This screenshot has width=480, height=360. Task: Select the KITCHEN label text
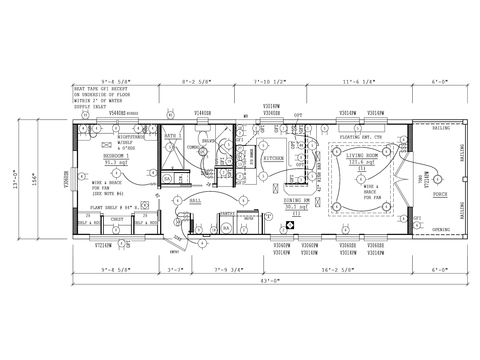(272, 159)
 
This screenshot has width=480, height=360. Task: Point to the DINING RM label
(297, 201)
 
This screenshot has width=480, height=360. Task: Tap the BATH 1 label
(171, 135)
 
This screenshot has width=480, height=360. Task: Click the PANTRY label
(229, 214)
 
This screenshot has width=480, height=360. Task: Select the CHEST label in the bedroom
(117, 218)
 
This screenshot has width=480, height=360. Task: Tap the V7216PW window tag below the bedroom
(105, 244)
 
